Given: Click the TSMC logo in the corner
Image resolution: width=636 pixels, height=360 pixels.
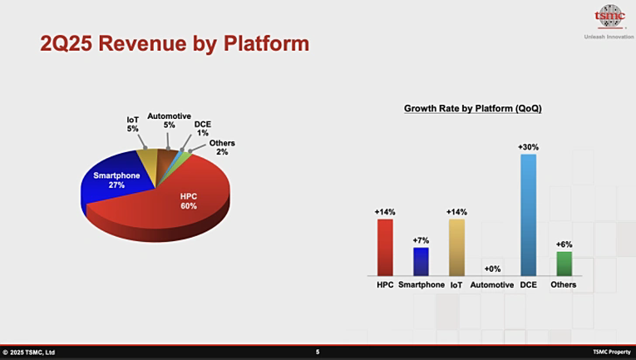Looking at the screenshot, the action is (609, 17).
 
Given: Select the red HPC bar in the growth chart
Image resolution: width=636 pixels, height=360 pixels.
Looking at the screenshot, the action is (385, 247).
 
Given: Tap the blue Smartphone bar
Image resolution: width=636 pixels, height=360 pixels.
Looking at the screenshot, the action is (421, 262).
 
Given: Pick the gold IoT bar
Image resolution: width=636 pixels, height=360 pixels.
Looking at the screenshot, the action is (456, 247).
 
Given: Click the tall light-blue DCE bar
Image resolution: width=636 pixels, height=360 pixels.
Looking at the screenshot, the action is (528, 215).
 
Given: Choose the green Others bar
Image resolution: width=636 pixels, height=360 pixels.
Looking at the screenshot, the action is (565, 264).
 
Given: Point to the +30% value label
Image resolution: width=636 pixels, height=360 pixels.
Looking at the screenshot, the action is (528, 147).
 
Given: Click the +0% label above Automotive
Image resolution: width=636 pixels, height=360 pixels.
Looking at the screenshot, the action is (492, 269).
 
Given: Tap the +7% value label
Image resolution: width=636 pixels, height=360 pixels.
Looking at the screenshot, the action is (421, 240).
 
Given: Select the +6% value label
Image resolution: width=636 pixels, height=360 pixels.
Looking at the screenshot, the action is (565, 244).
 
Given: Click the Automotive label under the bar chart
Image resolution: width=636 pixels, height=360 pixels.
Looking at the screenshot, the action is (492, 284).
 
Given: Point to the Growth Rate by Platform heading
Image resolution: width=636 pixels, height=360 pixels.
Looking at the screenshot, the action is (472, 109).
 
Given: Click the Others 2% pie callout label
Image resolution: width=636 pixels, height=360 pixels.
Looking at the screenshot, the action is (222, 147).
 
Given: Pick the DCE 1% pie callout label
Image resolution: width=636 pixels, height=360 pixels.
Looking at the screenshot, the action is (202, 129).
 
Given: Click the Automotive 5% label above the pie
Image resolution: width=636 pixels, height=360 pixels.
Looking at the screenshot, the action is (169, 121).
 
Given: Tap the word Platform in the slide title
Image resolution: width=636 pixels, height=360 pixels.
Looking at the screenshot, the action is (267, 43).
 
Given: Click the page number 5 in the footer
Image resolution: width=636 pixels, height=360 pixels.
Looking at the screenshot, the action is (318, 352).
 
